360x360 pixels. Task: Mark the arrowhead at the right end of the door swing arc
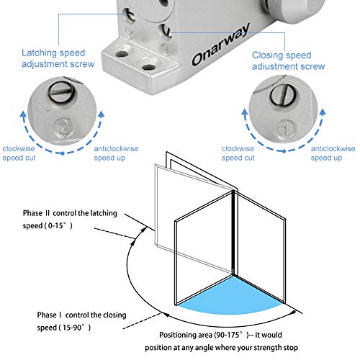(x=297, y=312)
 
